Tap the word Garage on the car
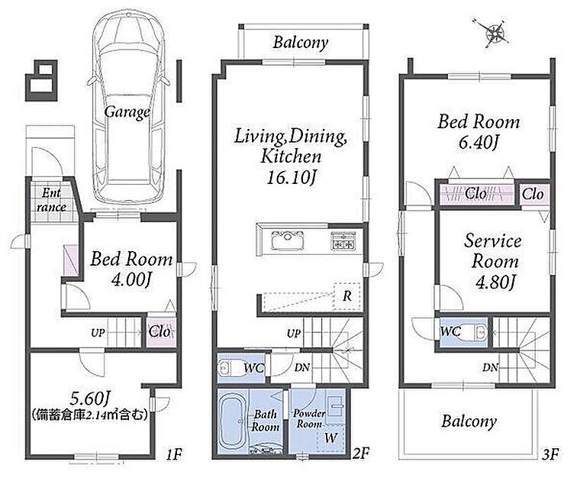[x=127, y=112]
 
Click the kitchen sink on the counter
[x=288, y=240]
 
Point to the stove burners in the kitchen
[x=343, y=240]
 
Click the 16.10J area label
[x=292, y=178]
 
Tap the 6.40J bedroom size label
[x=478, y=143]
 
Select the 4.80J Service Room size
[x=495, y=282]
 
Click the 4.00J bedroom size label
[x=131, y=279]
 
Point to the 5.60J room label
[x=91, y=398]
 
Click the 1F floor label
[x=174, y=455]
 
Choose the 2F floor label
[x=360, y=454]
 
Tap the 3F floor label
[x=550, y=455]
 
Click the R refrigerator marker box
[x=347, y=296]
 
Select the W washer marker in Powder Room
[x=330, y=438]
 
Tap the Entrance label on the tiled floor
[x=51, y=200]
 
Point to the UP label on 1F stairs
[x=98, y=333]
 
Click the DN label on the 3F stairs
[x=491, y=367]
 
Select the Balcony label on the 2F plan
[x=300, y=43]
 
